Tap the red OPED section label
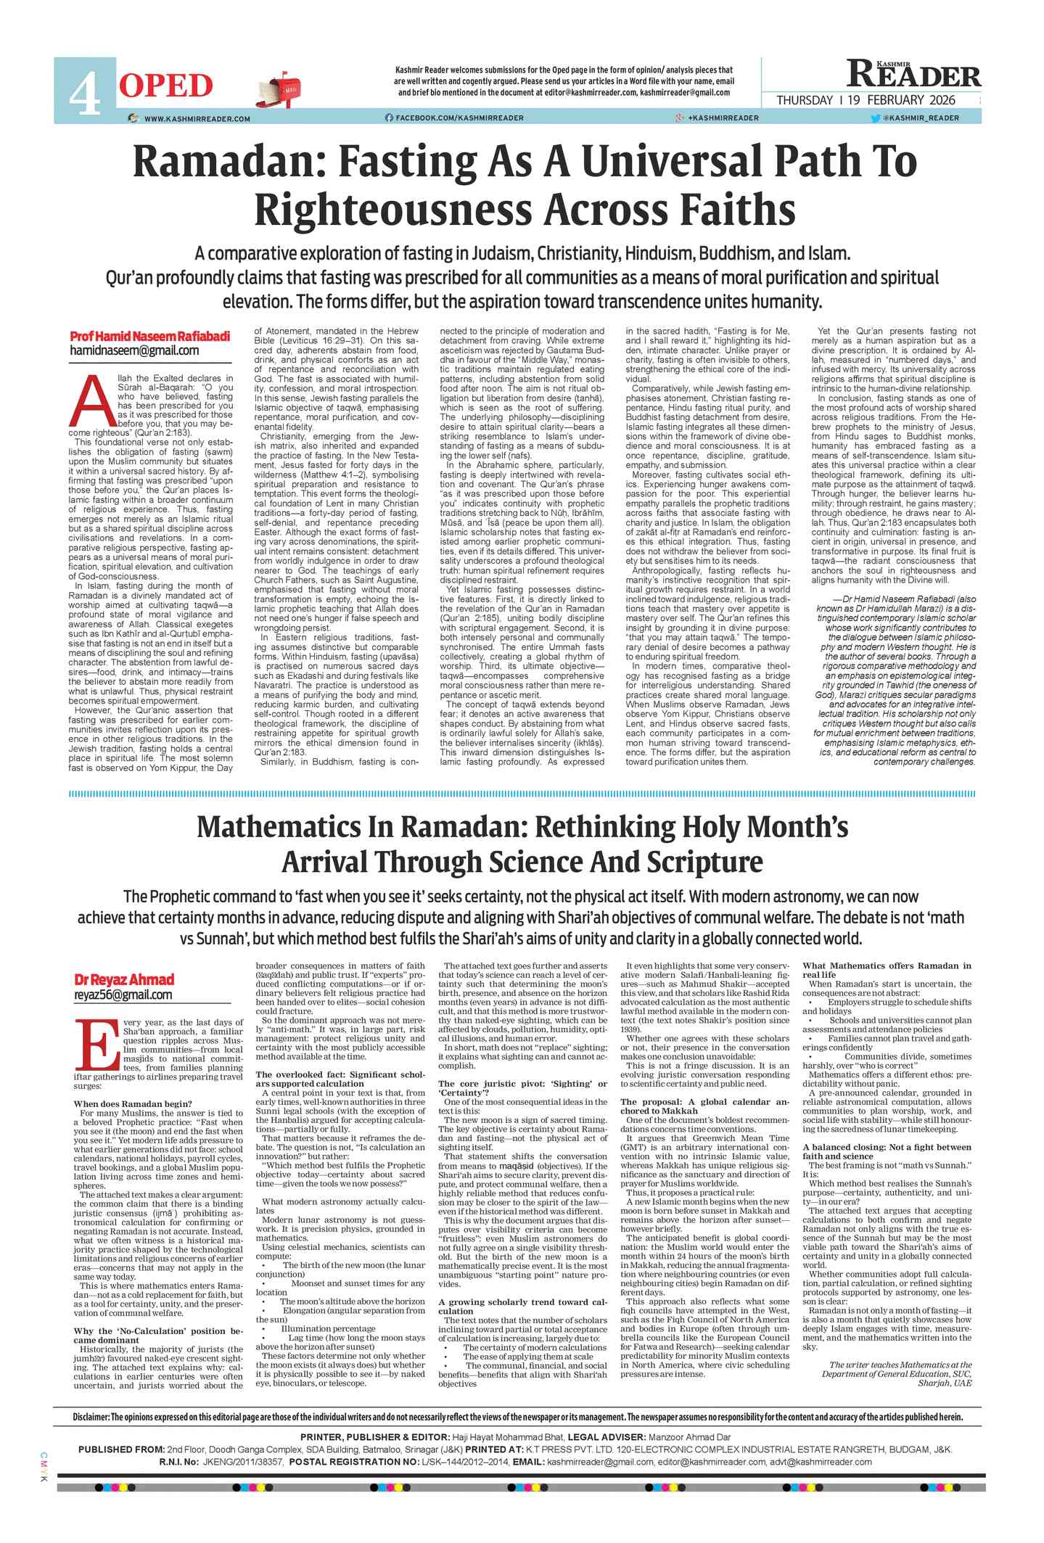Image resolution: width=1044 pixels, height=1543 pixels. click(165, 86)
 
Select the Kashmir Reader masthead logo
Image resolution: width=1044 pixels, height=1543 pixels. click(913, 74)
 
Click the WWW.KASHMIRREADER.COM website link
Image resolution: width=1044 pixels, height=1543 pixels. click(197, 118)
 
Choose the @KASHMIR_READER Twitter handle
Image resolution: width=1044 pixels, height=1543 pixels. click(920, 118)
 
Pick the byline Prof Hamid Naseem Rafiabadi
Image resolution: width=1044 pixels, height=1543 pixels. click(149, 337)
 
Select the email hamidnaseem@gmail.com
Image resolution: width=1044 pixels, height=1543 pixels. click(134, 351)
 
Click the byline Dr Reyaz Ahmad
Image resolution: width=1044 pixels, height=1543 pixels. click(124, 979)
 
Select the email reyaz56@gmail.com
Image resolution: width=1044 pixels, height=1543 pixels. click(123, 995)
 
